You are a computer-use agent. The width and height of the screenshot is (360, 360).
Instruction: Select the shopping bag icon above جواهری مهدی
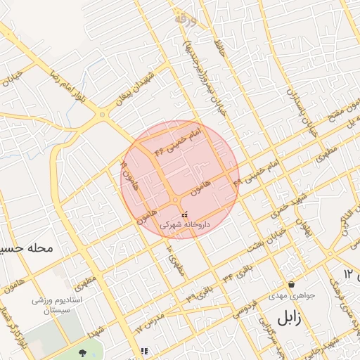pos(291,285)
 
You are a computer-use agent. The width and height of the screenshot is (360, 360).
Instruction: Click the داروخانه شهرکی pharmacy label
pos(185,225)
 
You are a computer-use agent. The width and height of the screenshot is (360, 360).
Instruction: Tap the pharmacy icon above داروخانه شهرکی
pos(185,214)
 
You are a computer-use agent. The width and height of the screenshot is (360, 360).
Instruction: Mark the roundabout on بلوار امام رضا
pos(103,114)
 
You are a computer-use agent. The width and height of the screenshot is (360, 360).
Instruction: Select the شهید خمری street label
pos(291,202)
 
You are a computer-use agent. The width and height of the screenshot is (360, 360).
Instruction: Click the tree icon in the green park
pos(83,352)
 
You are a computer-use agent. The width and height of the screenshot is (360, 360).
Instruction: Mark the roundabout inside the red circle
pos(175,201)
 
